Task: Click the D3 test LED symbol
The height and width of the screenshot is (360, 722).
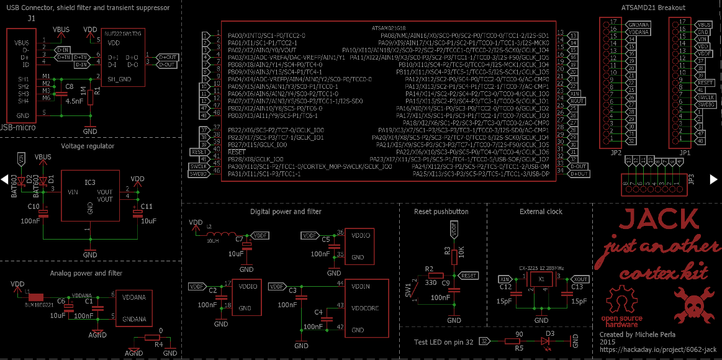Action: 549,341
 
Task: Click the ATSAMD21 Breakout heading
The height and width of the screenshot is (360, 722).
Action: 653,7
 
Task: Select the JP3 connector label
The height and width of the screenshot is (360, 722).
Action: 691,180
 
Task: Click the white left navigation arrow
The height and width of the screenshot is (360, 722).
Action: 5,180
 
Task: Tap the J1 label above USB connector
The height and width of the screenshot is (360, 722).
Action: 31,19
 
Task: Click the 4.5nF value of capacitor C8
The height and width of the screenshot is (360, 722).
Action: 74,101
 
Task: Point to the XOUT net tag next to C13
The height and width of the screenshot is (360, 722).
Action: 580,280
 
